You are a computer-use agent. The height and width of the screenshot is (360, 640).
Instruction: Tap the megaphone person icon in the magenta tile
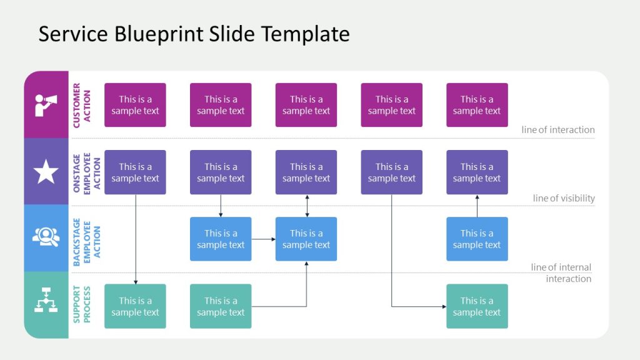point(46,105)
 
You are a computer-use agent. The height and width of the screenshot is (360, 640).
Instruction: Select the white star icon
point(46,172)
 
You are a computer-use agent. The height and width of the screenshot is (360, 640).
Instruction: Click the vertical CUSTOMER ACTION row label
point(82,105)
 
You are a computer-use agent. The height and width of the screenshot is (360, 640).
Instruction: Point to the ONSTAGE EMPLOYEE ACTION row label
point(87,172)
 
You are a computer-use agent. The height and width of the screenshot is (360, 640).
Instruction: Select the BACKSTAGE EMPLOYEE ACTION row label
point(87,239)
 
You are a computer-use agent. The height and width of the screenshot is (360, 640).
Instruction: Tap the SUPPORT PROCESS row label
point(82,306)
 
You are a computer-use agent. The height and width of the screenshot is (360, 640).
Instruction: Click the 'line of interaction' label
point(558,130)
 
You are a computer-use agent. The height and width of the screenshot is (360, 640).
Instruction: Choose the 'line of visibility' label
point(564,198)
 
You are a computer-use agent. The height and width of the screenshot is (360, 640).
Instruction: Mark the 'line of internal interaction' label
point(561,273)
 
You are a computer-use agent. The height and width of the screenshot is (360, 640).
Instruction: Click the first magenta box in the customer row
point(135,105)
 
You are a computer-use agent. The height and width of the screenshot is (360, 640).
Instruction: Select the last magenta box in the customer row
point(477,105)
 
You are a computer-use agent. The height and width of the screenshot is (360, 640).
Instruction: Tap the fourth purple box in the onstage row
point(391,172)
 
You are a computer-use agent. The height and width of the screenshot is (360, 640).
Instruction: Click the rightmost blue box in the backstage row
point(477,239)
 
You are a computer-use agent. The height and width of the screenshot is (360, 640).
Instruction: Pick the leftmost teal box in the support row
point(135,306)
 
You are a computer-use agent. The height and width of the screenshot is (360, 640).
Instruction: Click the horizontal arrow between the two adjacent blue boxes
point(263,239)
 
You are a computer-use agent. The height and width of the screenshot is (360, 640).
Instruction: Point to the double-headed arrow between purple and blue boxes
point(306,206)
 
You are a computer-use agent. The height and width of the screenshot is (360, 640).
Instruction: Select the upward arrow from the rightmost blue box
point(477,206)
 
